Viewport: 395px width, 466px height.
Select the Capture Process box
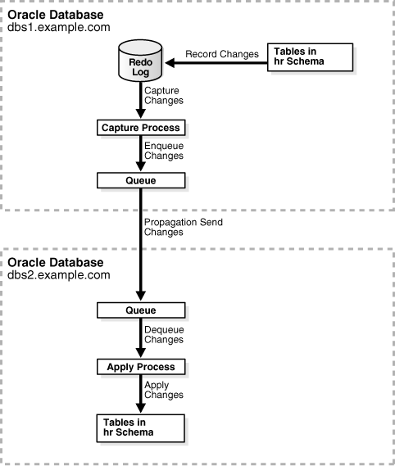point(140,128)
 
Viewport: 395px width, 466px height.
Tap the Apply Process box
point(140,367)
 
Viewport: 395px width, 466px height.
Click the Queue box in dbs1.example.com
point(140,179)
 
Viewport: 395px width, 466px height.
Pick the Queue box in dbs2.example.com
point(140,310)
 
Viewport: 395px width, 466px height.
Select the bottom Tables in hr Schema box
point(140,426)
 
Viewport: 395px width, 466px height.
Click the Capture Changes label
point(163,97)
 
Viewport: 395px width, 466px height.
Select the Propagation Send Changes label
point(184,227)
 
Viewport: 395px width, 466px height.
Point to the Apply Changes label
point(163,391)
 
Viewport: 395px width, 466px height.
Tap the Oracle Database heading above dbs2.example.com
point(56,262)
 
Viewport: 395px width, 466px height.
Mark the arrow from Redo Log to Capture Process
point(140,102)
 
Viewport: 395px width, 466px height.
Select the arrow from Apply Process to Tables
point(140,395)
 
